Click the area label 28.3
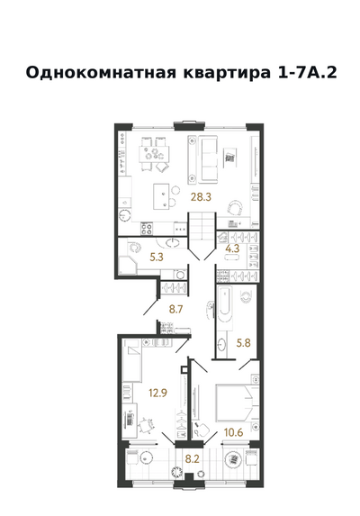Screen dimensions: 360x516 [x=201, y=197]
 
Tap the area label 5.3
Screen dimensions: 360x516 [x=157, y=257]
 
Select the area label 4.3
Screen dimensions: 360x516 [x=232, y=249]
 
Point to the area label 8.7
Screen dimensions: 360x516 [x=175, y=310]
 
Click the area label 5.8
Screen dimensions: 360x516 [x=244, y=343]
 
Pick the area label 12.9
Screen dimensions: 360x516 [x=157, y=393]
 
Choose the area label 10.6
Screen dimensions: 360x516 [x=233, y=432]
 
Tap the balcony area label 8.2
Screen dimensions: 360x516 [x=192, y=459]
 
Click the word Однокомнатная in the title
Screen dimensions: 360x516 [x=101, y=72]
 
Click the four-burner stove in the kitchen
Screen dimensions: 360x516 [x=147, y=229]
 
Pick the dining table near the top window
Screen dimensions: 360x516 [x=154, y=154]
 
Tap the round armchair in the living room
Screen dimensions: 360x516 [x=236, y=208]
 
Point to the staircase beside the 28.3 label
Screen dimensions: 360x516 [x=202, y=226]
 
